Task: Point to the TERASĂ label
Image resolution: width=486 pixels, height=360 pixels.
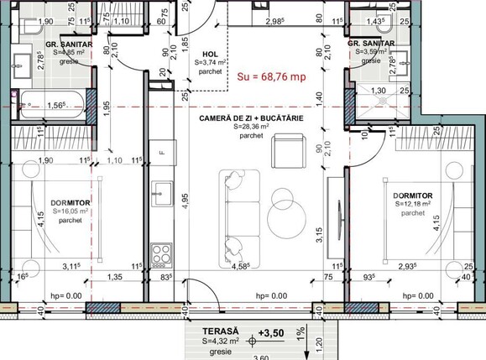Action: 221,332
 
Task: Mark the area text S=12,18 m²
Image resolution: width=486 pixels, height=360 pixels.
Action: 413,203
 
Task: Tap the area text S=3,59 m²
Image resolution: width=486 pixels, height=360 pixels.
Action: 375,51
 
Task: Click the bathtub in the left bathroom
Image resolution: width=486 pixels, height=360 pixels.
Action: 50,104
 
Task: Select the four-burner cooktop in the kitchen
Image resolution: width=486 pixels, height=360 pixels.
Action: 160,252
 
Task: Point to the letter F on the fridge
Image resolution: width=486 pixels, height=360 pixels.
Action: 161,153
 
